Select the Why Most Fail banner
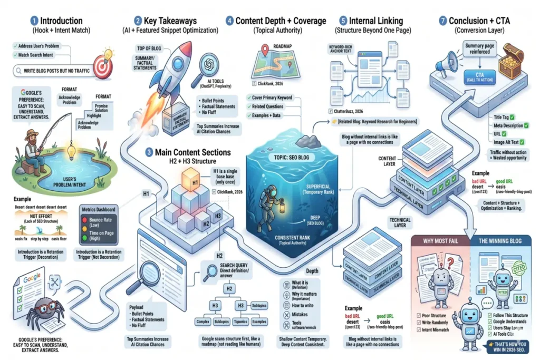tap(437, 241)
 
